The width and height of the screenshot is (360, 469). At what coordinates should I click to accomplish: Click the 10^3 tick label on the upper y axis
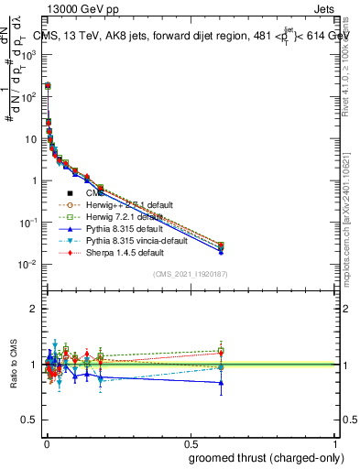[27, 54]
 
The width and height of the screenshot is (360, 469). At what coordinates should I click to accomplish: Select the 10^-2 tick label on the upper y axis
[27, 265]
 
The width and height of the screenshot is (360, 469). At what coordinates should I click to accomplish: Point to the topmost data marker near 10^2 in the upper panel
[48, 84]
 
